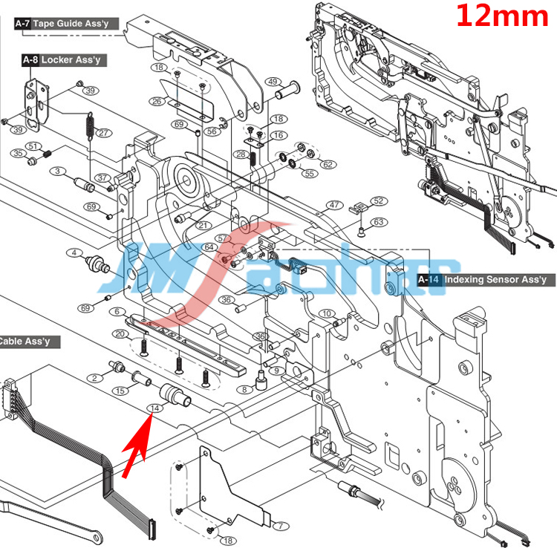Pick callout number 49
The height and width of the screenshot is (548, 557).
point(273,82)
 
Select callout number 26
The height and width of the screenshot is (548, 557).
point(156,101)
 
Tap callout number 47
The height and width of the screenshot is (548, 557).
point(334,205)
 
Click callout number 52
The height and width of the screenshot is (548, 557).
point(379,201)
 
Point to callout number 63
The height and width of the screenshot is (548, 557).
point(379,221)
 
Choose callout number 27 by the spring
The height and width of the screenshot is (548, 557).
point(103,134)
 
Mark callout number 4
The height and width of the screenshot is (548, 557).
point(74,252)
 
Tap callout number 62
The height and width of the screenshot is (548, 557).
point(328,164)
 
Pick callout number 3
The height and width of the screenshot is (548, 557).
point(56,172)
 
